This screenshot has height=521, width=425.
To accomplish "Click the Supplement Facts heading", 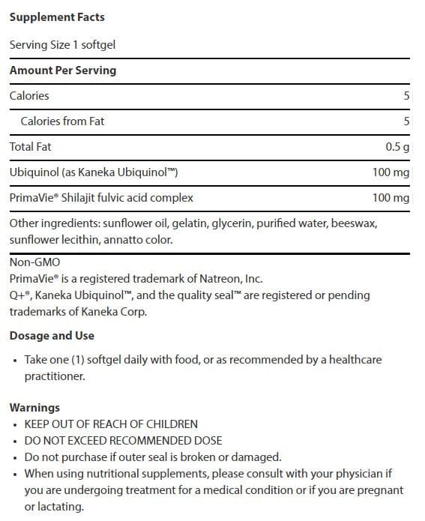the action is [57, 16].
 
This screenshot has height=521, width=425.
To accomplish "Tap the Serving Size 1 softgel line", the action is [62, 45].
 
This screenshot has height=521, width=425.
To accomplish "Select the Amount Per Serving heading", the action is [63, 70].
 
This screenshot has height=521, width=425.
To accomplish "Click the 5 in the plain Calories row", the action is [406, 96].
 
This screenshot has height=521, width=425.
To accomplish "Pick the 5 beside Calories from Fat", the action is [406, 121].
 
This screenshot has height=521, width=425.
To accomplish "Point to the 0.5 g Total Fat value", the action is [397, 147].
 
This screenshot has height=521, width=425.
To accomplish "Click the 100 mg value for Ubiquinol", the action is [391, 172].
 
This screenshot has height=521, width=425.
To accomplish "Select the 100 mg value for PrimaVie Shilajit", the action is [391, 198].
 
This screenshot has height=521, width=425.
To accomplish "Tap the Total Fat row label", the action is [31, 147].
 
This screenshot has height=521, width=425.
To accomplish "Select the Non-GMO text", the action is [35, 262].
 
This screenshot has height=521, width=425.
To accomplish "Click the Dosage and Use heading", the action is [52, 335].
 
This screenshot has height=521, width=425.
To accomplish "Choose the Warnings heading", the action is [34, 408].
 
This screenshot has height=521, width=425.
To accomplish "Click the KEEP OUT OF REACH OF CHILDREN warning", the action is [111, 424].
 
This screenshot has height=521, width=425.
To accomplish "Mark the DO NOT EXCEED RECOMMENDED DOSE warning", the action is [123, 441].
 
